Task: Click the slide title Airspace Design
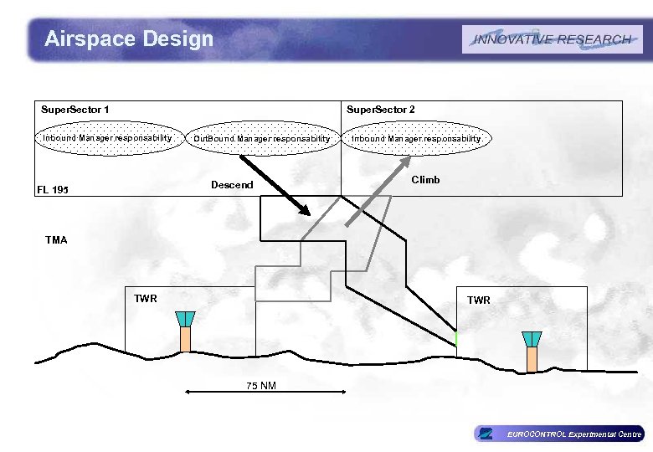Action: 129,39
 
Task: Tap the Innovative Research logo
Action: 553,39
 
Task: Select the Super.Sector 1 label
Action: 75,110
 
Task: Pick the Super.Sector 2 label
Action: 380,110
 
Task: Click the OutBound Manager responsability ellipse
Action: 262,138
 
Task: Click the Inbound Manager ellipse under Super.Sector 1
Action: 108,137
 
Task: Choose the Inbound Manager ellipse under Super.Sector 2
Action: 416,138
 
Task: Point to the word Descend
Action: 232,184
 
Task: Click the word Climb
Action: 425,180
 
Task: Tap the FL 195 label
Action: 53,190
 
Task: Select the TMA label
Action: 56,240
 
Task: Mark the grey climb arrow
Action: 368,200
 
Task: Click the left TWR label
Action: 146,298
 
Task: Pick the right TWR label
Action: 479,300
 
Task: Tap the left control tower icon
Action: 185,331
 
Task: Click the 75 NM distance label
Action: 261,386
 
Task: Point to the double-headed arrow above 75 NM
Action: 264,391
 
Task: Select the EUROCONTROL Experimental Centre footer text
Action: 573,434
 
